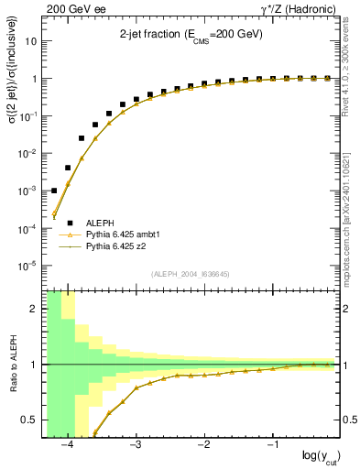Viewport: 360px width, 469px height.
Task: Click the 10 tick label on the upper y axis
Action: (x=33, y=41)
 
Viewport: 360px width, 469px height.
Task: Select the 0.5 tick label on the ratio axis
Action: (x=30, y=420)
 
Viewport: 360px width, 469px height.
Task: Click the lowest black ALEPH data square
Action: (x=54, y=191)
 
